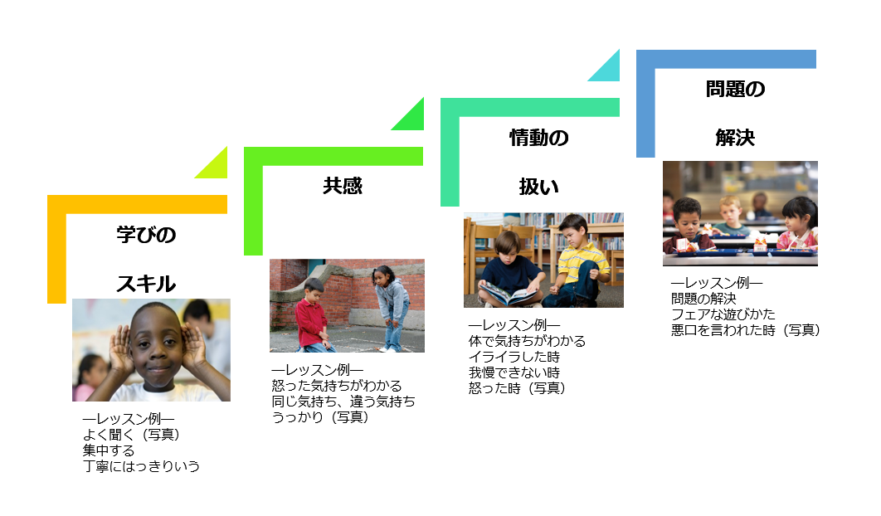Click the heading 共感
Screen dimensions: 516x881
[x=343, y=186]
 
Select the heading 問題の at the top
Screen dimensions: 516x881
[x=735, y=89]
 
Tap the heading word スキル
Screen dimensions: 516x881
[x=146, y=284]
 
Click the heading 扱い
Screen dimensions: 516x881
[x=538, y=187]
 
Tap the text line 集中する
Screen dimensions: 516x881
[x=108, y=450]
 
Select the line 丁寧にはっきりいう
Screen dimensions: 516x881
[x=141, y=466]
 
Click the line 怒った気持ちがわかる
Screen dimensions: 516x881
[x=337, y=386]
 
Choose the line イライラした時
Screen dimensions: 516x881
[x=514, y=357]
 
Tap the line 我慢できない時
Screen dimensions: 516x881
[x=514, y=372]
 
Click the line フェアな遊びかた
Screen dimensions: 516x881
[x=723, y=314]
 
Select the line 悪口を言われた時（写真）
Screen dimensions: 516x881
[x=746, y=330]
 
